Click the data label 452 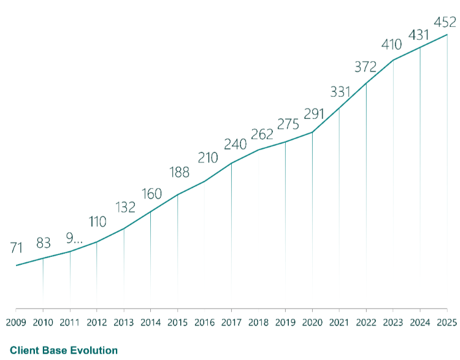pos(445,22)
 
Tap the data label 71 pos(17,248)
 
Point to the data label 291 pos(313,115)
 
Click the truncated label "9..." pos(74,236)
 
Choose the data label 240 pos(234,144)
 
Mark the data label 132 pos(125,207)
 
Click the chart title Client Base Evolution pos(64,351)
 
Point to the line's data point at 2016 pos(204,181)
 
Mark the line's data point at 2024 pos(420,47)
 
